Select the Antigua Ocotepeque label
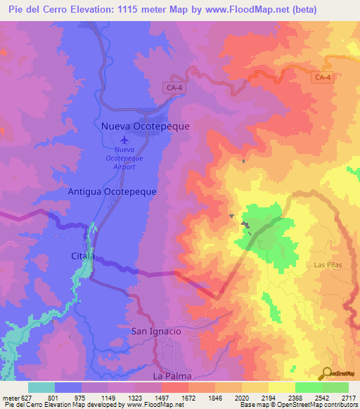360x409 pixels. click(x=112, y=190)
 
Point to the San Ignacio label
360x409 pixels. click(x=156, y=330)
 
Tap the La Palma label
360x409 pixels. click(x=173, y=376)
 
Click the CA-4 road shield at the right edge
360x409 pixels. click(x=323, y=77)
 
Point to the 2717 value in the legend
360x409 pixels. click(x=348, y=397)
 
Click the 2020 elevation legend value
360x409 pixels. click(x=241, y=397)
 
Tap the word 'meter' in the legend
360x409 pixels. click(x=10, y=397)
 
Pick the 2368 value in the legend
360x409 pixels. click(x=295, y=397)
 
